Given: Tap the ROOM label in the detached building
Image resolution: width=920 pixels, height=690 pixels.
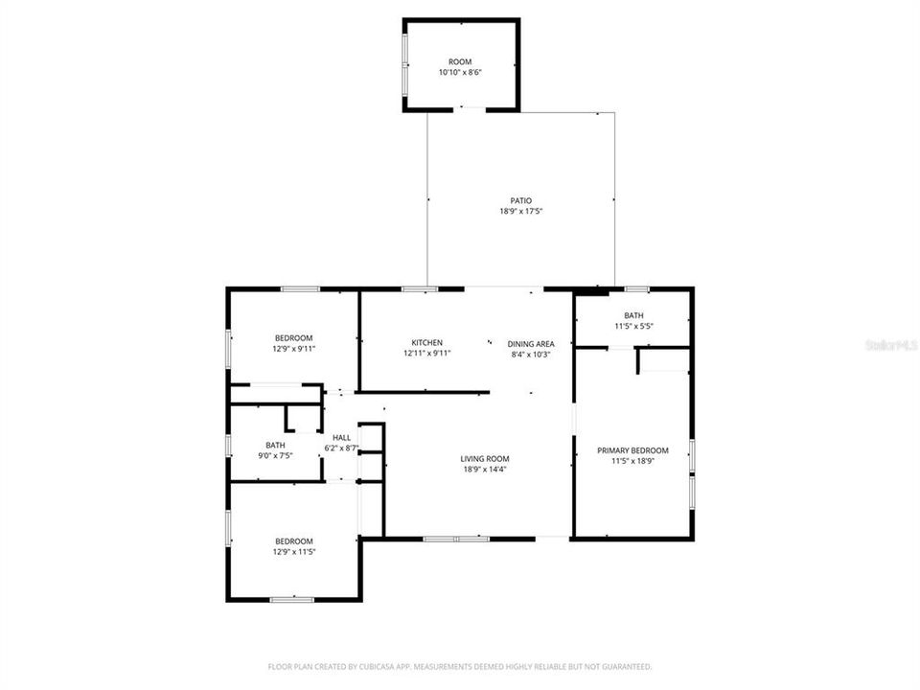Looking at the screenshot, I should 460,61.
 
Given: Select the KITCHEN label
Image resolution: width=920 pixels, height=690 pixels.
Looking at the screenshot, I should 426,343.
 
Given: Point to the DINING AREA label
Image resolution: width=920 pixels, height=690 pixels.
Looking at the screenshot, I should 531,343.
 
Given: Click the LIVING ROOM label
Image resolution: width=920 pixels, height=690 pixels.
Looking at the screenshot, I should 484,458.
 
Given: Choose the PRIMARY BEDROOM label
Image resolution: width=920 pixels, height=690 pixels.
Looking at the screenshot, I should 632,450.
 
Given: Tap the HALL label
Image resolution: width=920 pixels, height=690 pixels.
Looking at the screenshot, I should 341,437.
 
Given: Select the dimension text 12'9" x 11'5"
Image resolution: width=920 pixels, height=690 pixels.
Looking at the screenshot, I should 294,552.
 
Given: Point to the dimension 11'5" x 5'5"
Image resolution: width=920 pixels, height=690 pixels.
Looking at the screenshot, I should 633,326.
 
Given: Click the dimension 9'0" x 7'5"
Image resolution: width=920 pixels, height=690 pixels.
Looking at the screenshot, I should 275,455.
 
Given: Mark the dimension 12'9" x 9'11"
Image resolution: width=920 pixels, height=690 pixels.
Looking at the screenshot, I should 294,349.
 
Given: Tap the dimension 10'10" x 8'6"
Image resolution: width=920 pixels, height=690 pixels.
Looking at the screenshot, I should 460,73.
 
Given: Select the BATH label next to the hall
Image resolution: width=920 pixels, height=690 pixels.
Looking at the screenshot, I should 275,445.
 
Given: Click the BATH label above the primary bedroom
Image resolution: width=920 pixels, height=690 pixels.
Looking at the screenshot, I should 633,315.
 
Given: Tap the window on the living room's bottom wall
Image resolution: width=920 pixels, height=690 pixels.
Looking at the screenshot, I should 456,539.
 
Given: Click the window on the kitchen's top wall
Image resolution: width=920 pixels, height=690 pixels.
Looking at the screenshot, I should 414,288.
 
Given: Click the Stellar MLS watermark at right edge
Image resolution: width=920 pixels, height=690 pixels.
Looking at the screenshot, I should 890,342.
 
